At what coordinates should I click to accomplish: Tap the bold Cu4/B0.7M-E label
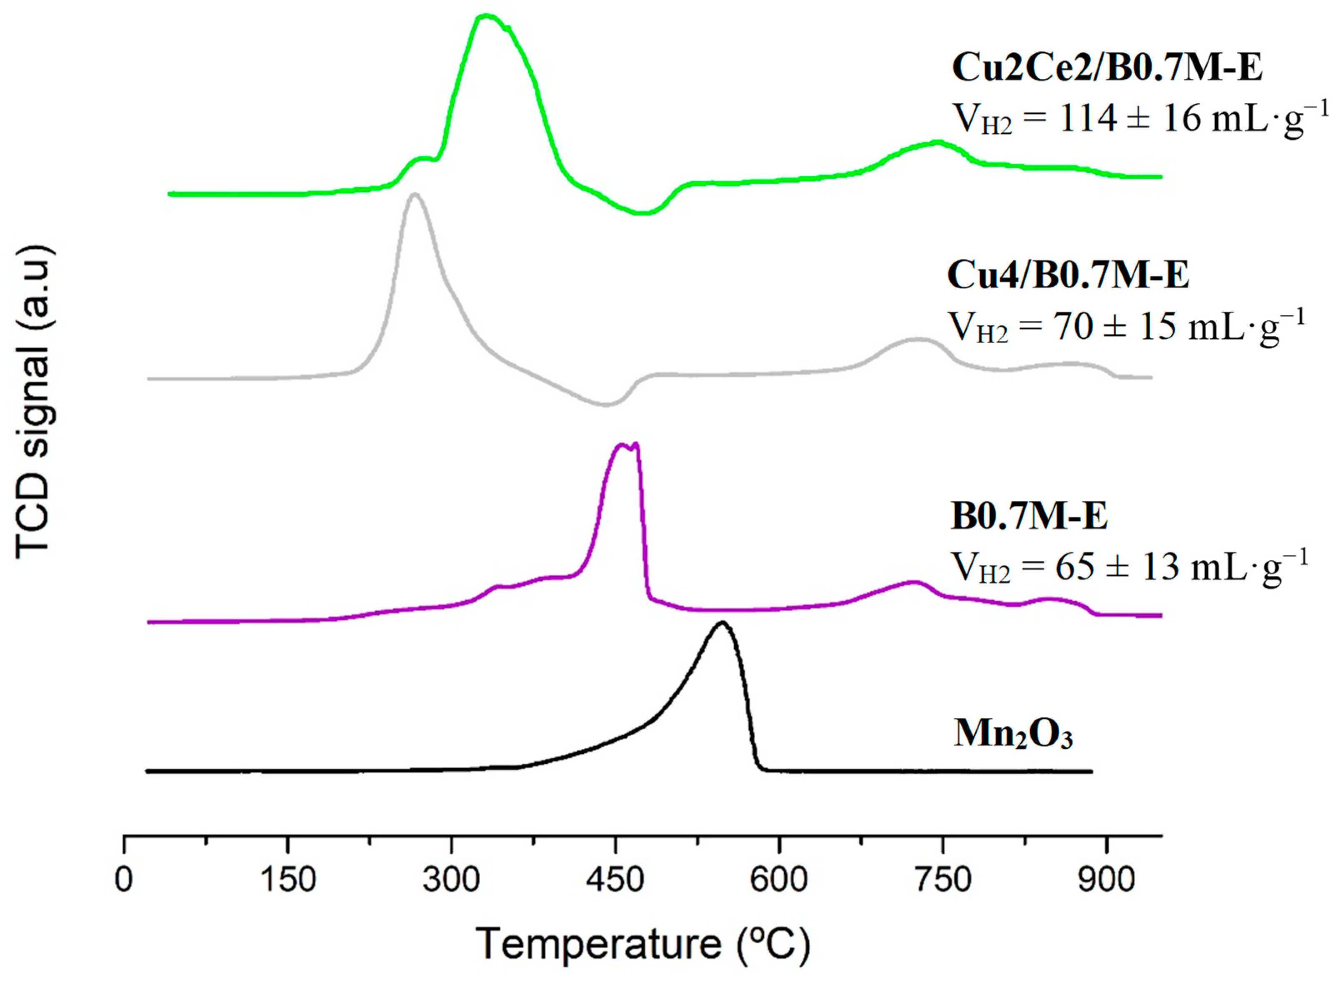(x=1068, y=275)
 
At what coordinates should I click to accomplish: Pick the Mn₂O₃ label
(x=1013, y=734)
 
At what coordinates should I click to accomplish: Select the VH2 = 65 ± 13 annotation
(x=1129, y=567)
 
